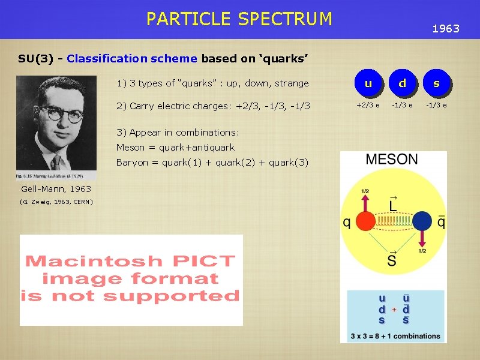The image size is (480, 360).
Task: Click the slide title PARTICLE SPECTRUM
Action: tap(239, 19)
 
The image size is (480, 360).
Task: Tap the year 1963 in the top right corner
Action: tap(446, 28)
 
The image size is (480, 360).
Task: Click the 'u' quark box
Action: tap(368, 84)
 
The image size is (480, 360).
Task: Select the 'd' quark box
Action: tap(402, 84)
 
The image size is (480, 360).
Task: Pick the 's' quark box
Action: tap(436, 84)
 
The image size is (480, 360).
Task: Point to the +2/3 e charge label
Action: tap(368, 106)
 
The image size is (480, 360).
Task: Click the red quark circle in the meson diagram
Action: tap(365, 221)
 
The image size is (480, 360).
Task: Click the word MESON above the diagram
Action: tap(392, 160)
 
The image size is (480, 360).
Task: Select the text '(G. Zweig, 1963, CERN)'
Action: tap(56, 202)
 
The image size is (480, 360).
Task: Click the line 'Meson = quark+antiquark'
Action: tap(175, 148)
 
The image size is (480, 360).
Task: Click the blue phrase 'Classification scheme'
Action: tap(132, 59)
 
